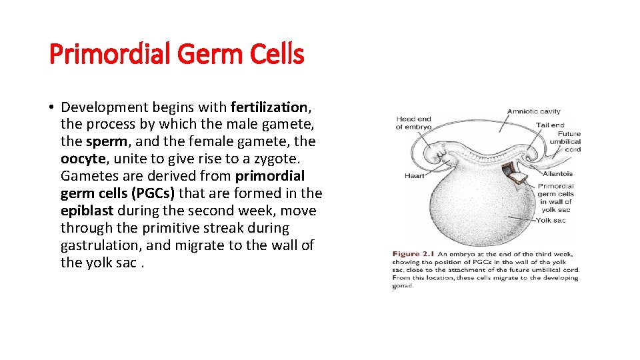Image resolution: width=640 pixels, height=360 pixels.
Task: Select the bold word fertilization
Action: (x=269, y=107)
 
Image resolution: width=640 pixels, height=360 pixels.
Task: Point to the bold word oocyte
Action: (x=82, y=159)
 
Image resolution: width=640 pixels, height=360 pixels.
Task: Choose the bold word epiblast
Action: (x=88, y=211)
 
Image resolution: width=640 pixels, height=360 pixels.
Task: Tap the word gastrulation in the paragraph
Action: (x=100, y=245)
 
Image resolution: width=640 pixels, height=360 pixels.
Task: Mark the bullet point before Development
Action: (x=51, y=107)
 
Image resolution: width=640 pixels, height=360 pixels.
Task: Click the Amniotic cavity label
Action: (x=533, y=111)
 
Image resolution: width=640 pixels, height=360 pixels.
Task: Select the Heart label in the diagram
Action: (x=414, y=176)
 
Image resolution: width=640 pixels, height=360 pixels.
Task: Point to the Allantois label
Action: (x=557, y=174)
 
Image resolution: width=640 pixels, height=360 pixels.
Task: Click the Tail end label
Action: (x=550, y=125)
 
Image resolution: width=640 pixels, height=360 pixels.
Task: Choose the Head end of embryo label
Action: (x=413, y=123)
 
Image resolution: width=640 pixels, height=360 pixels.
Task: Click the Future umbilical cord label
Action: (x=565, y=141)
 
